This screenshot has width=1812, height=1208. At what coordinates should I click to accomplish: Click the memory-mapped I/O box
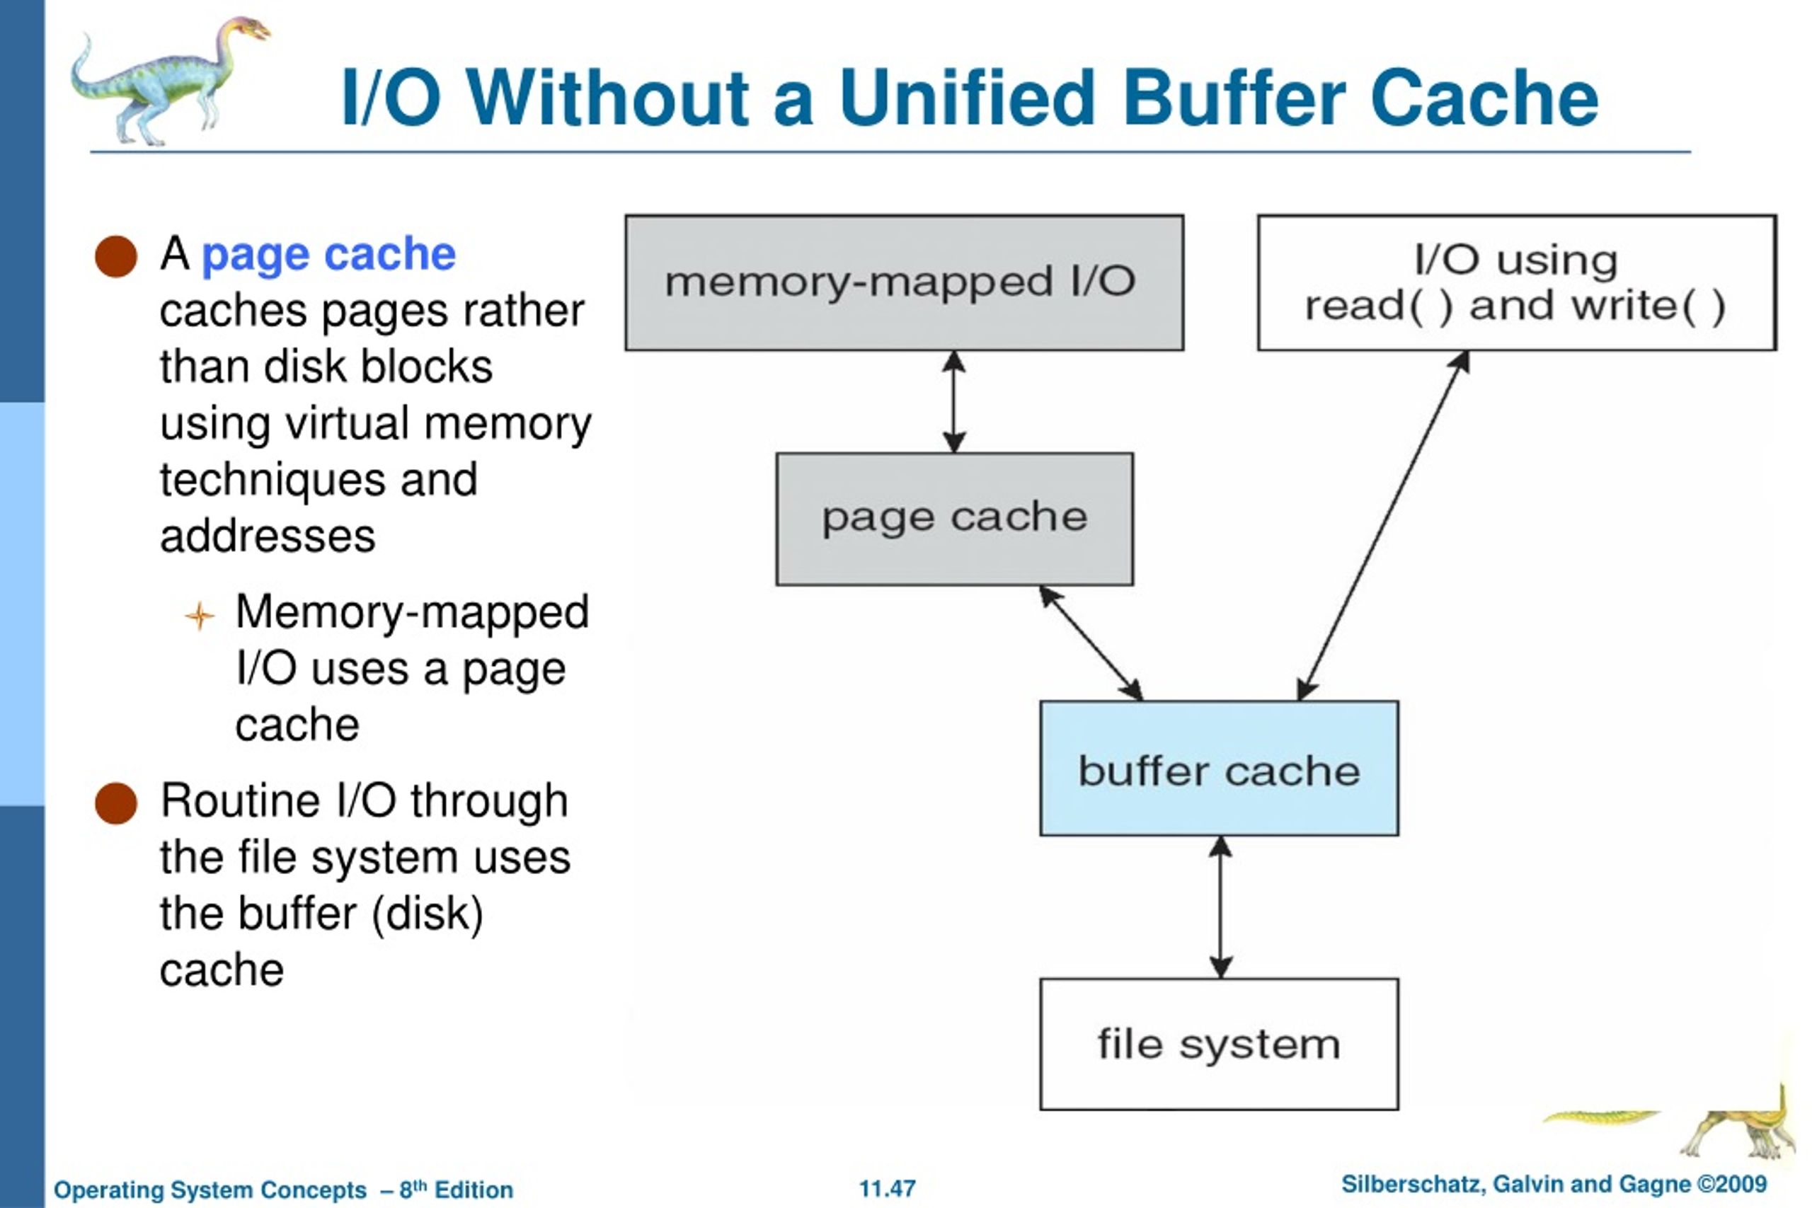pos(905,283)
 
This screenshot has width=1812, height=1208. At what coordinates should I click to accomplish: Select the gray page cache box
pos(955,519)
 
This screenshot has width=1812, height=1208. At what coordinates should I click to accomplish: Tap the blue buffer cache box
pos(1219,768)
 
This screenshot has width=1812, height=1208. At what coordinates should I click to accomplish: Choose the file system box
pos(1219,1044)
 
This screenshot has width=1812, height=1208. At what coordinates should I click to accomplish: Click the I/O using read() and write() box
pos(1517,283)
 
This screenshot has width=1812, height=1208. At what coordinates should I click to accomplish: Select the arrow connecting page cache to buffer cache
pos(1091,643)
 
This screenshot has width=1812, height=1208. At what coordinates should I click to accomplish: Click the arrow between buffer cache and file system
pos(1220,907)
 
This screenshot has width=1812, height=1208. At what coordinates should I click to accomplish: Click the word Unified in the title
pos(967,98)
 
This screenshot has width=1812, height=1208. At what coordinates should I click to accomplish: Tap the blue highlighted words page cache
pos(328,255)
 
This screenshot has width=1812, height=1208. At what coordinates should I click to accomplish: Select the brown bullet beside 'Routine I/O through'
pos(115,803)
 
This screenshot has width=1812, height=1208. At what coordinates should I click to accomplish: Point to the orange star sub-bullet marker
pos(200,616)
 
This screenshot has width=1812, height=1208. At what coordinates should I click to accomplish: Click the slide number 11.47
pos(888,1188)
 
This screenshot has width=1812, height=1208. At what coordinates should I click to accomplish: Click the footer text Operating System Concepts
pos(210,1190)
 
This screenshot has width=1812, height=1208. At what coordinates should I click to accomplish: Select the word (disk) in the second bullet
pos(428,914)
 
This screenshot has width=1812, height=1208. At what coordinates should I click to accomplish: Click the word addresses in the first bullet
pos(268,536)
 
